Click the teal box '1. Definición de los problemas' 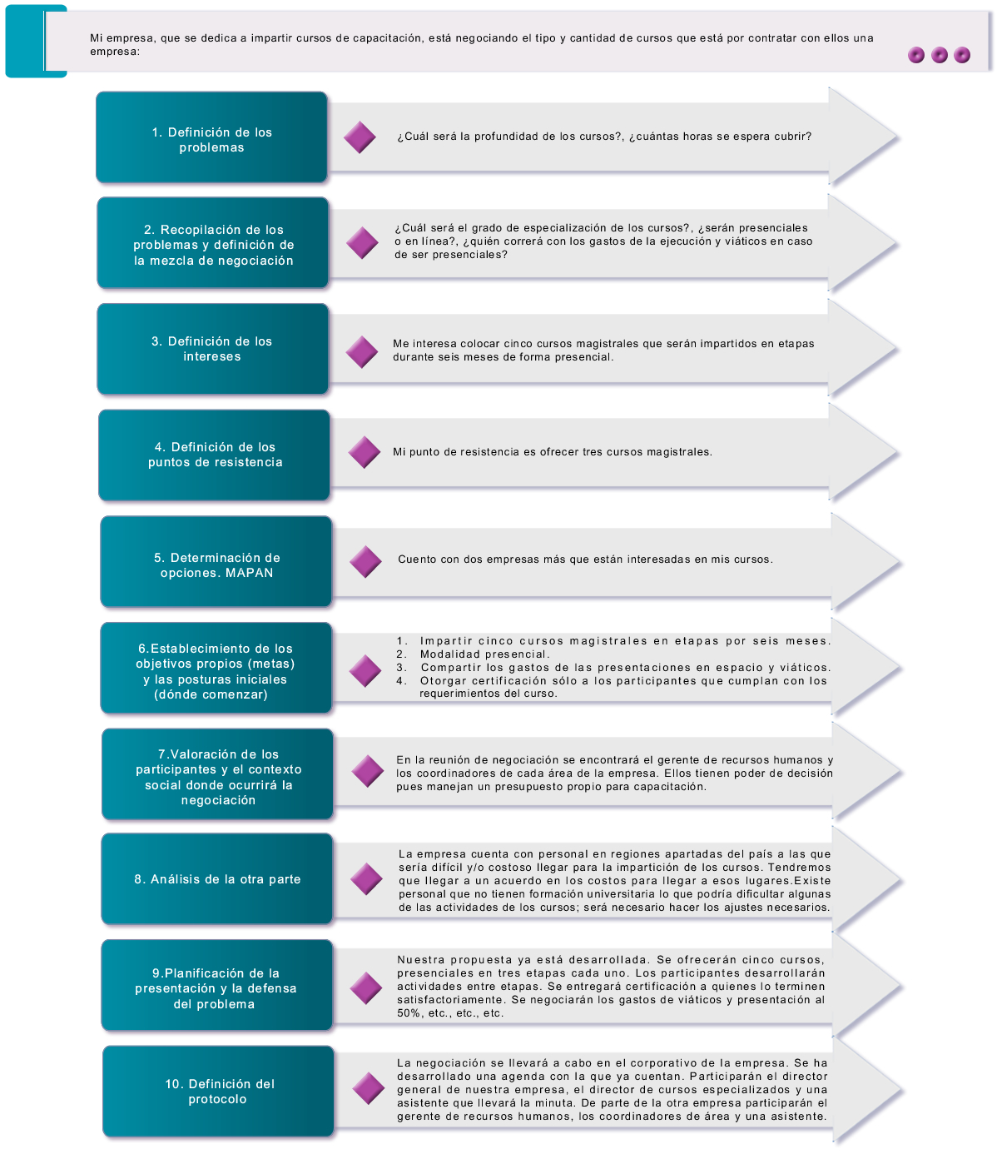pos(211,137)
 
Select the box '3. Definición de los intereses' pos(212,349)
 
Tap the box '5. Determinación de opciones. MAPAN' pos(216,561)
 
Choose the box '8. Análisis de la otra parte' pos(217,878)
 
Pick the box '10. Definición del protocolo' pos(218,1092)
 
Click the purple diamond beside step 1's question pos(360,137)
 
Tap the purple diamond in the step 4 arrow pos(365,452)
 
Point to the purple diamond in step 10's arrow pos(369,1088)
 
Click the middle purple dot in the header pos(940,55)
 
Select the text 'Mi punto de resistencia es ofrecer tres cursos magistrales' pos(552,452)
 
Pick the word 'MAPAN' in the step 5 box pos(249,573)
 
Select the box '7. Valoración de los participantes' pos(217,773)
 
